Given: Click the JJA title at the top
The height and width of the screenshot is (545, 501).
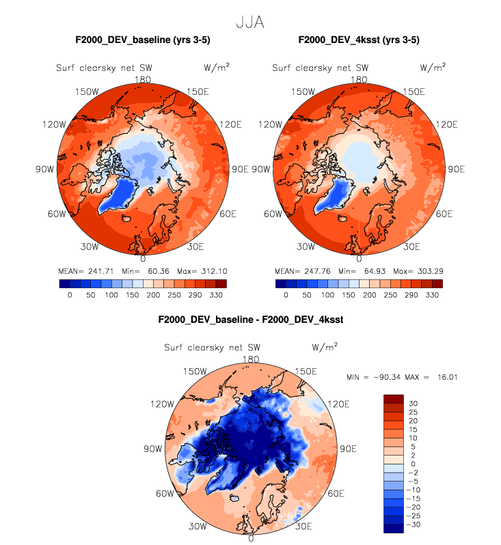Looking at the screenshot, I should (250, 23).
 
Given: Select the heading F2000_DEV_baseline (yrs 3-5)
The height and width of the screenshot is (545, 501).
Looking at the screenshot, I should (142, 40).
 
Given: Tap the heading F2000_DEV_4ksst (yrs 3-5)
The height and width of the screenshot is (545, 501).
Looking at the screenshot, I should (360, 40).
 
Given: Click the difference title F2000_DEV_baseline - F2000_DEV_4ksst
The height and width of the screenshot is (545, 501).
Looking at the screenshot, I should (250, 319).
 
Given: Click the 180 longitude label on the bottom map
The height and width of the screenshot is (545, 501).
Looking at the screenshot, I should (251, 359).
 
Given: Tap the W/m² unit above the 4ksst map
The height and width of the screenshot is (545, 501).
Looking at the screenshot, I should (433, 68).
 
